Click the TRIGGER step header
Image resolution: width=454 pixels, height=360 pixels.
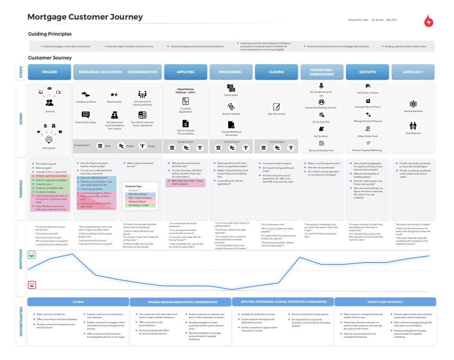point(49,72)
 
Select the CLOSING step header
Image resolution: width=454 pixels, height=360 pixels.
point(276,72)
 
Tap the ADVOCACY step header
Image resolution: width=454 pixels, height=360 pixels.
point(413,72)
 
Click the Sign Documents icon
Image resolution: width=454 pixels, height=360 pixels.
point(277,106)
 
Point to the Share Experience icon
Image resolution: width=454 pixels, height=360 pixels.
point(413,104)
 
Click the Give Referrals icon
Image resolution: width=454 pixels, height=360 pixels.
point(413,126)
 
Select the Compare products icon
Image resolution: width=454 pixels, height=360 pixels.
point(86,94)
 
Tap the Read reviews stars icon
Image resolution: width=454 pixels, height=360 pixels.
point(114,94)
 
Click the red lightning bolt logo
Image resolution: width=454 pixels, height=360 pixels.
point(429,21)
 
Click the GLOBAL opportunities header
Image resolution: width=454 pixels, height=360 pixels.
point(78,302)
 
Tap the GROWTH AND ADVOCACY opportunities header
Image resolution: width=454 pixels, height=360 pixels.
point(385,302)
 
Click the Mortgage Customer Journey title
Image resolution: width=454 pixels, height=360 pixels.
point(85,17)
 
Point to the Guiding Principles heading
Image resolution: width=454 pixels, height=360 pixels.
point(50,34)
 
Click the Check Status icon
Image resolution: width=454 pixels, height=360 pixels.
point(231,88)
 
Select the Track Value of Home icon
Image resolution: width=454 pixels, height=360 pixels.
point(368,86)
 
